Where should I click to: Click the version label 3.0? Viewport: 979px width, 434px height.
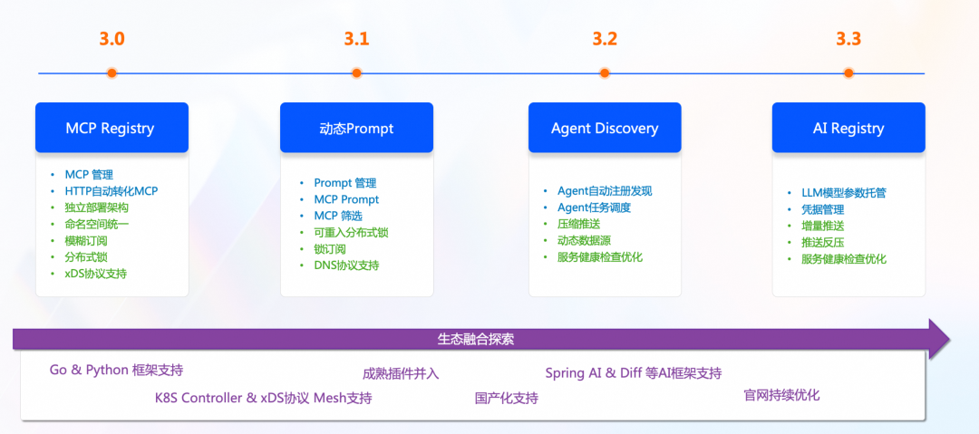tap(111, 39)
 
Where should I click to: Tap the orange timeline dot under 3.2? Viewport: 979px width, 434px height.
tap(605, 73)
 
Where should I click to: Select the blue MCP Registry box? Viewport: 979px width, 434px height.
tap(111, 128)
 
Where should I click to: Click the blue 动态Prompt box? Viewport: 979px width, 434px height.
tap(356, 128)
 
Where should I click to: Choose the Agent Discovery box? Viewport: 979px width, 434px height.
tap(605, 128)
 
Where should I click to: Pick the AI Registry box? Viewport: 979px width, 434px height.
tap(848, 128)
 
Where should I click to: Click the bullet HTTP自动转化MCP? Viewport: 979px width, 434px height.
tap(111, 190)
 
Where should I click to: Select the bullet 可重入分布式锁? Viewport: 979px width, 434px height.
tap(351, 232)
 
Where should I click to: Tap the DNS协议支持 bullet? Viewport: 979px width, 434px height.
tap(346, 265)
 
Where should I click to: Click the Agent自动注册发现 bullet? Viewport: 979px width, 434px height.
tap(604, 191)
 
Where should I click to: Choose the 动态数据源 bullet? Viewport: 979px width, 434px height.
tap(584, 240)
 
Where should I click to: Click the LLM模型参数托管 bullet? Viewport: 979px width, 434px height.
tap(843, 193)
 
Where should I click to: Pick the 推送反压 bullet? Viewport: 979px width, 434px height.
tap(822, 242)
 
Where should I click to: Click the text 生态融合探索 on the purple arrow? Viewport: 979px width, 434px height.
tap(476, 339)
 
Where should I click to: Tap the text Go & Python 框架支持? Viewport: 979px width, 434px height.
tap(116, 370)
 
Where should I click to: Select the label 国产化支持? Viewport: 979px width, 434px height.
tap(506, 398)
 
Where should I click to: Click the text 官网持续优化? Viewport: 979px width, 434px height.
tap(781, 395)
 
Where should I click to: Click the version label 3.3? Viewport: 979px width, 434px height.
tap(848, 39)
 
